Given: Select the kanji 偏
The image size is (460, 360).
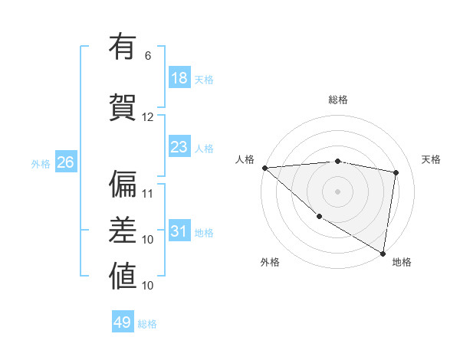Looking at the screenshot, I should pyautogui.click(x=123, y=184).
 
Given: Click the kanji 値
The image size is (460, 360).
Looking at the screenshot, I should pyautogui.click(x=123, y=276).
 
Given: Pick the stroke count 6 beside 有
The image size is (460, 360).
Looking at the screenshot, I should pyautogui.click(x=148, y=56).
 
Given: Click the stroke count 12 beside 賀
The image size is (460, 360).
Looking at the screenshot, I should pyautogui.click(x=148, y=117).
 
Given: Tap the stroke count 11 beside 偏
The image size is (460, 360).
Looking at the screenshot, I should pyautogui.click(x=148, y=194).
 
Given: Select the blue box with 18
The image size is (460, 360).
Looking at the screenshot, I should pyautogui.click(x=179, y=78).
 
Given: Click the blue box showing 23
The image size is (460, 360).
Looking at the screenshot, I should pyautogui.click(x=179, y=147).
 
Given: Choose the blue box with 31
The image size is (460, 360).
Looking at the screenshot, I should pyautogui.click(x=179, y=231).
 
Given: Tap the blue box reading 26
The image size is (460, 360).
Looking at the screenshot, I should pyautogui.click(x=65, y=162).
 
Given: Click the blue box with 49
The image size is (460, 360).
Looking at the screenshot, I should pyautogui.click(x=123, y=322).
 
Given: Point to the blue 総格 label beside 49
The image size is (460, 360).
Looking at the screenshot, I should pyautogui.click(x=147, y=324).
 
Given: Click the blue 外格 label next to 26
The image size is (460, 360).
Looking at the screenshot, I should pyautogui.click(x=41, y=163).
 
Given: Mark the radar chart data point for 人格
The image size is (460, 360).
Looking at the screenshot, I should pyautogui.click(x=264, y=168).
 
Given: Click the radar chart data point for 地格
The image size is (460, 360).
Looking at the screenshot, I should pyautogui.click(x=383, y=252).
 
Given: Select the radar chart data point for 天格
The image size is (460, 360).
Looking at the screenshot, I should pyautogui.click(x=396, y=172).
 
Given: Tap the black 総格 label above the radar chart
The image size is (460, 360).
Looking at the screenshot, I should pyautogui.click(x=338, y=100).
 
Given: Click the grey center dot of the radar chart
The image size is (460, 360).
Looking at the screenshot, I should pyautogui.click(x=338, y=191).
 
